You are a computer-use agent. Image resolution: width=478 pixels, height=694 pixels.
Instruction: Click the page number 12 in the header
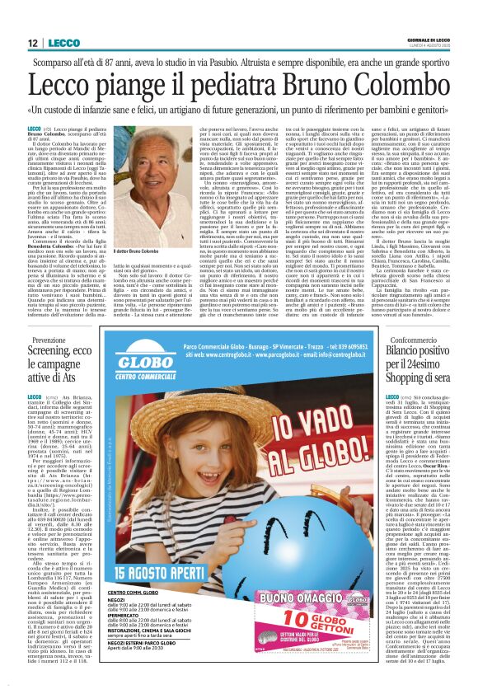pyautogui.click(x=33, y=43)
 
